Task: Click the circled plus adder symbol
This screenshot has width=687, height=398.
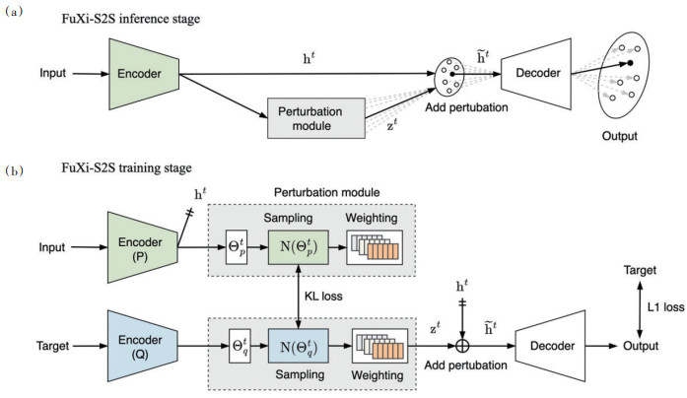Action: [x=458, y=347]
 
